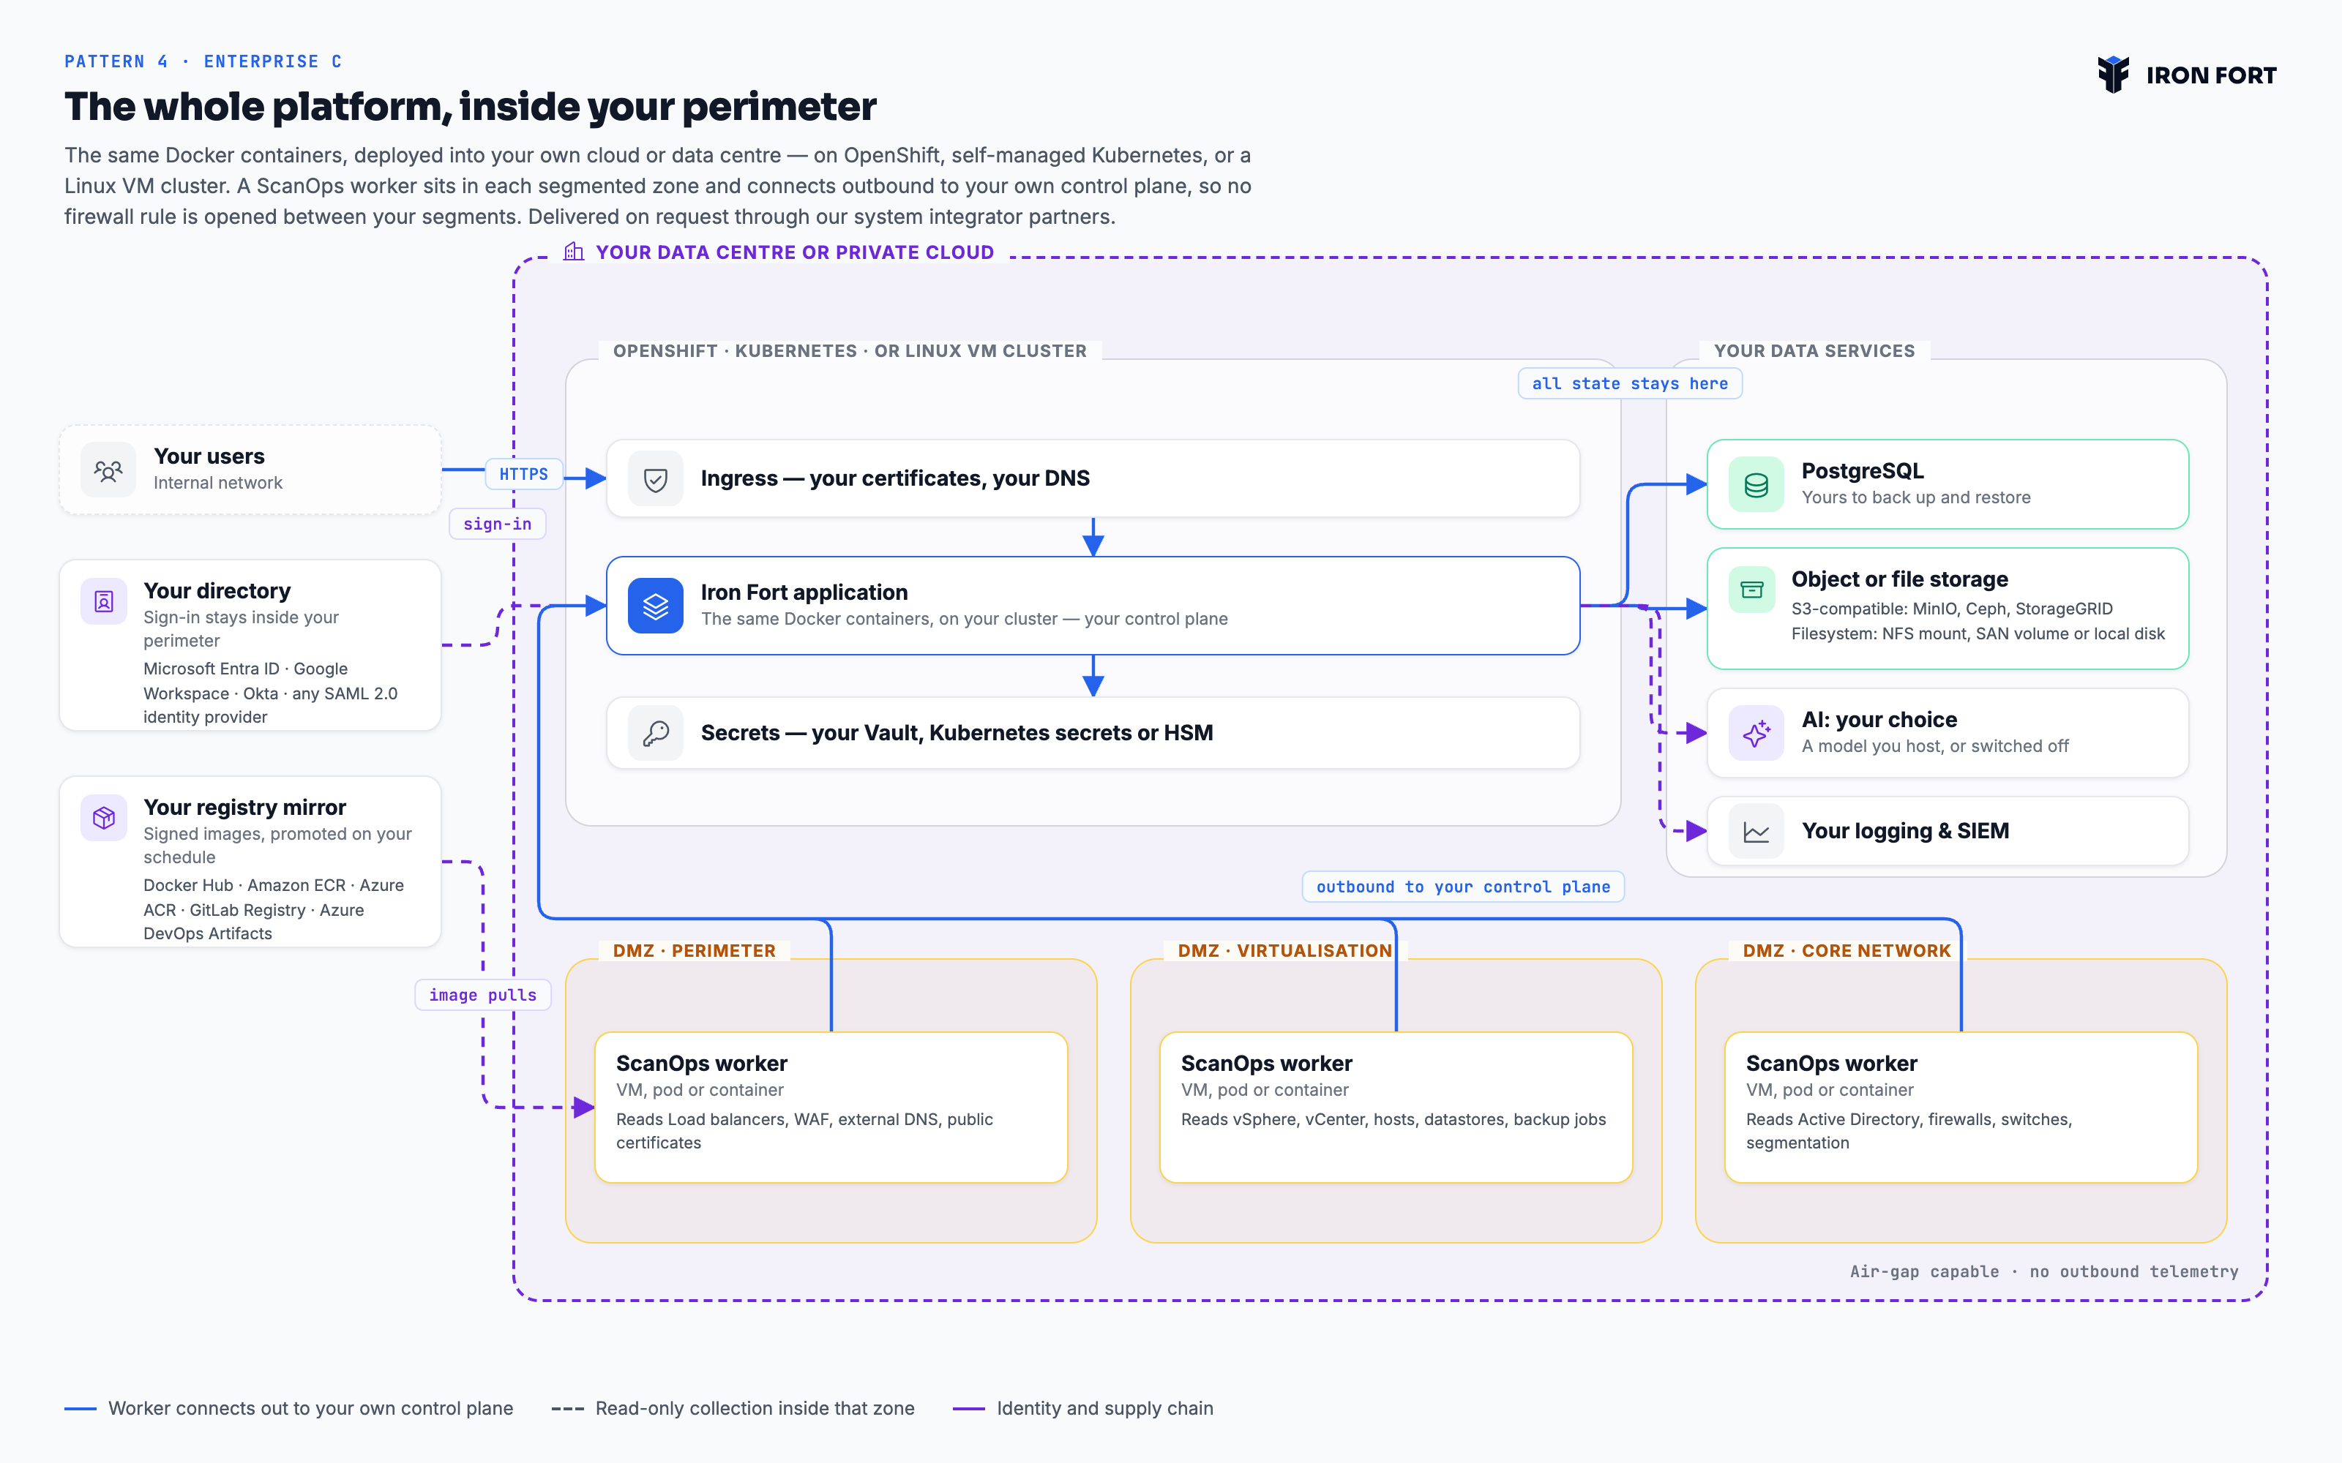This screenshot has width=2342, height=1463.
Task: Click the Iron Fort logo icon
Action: click(x=2113, y=75)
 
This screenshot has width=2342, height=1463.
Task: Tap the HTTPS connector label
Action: click(x=523, y=474)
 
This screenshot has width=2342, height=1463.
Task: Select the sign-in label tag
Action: click(x=498, y=524)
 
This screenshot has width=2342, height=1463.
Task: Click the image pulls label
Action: click(x=483, y=995)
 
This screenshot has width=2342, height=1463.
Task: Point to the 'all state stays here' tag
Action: click(x=1630, y=383)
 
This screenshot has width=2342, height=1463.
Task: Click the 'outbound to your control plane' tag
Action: click(x=1463, y=887)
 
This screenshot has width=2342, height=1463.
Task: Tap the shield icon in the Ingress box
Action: click(x=655, y=479)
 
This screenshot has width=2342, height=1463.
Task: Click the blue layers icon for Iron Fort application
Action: click(x=655, y=606)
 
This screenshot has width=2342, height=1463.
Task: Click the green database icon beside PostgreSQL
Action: click(x=1756, y=484)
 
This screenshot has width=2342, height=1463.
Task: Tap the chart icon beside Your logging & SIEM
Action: click(x=1756, y=831)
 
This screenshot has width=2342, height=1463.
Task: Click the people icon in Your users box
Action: click(x=108, y=470)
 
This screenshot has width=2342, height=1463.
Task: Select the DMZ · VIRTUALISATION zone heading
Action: click(x=1284, y=950)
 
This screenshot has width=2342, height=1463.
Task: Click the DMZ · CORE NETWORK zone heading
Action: click(x=1847, y=950)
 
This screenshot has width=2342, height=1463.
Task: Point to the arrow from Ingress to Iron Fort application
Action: click(x=1093, y=537)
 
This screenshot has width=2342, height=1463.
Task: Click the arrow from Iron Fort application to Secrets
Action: click(x=1093, y=675)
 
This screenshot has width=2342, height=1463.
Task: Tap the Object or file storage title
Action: click(x=1900, y=579)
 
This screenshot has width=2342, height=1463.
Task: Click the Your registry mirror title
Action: click(x=245, y=807)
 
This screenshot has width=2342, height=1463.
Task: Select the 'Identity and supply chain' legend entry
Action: click(x=1083, y=1408)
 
